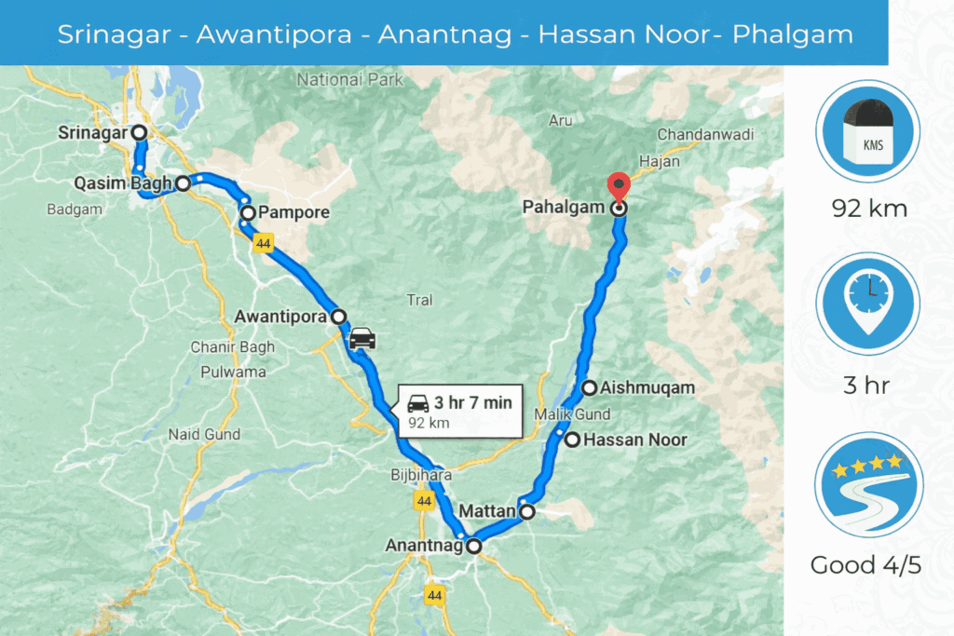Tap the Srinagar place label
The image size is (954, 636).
91,133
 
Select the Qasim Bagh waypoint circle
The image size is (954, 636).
184,183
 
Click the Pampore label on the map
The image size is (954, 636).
294,213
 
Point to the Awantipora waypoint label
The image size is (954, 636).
281,317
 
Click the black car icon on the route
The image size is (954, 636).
361,337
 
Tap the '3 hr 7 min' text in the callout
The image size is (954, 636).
472,403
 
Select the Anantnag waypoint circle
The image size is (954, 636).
474,547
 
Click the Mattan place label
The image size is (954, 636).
488,511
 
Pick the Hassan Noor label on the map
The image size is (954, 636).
634,440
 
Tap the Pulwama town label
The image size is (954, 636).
233,372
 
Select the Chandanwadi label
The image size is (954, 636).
705,135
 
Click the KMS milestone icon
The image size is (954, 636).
868,130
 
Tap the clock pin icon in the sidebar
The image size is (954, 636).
868,304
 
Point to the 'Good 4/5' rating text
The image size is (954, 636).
865,565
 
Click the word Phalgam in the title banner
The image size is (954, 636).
793,34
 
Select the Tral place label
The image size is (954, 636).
420,300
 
